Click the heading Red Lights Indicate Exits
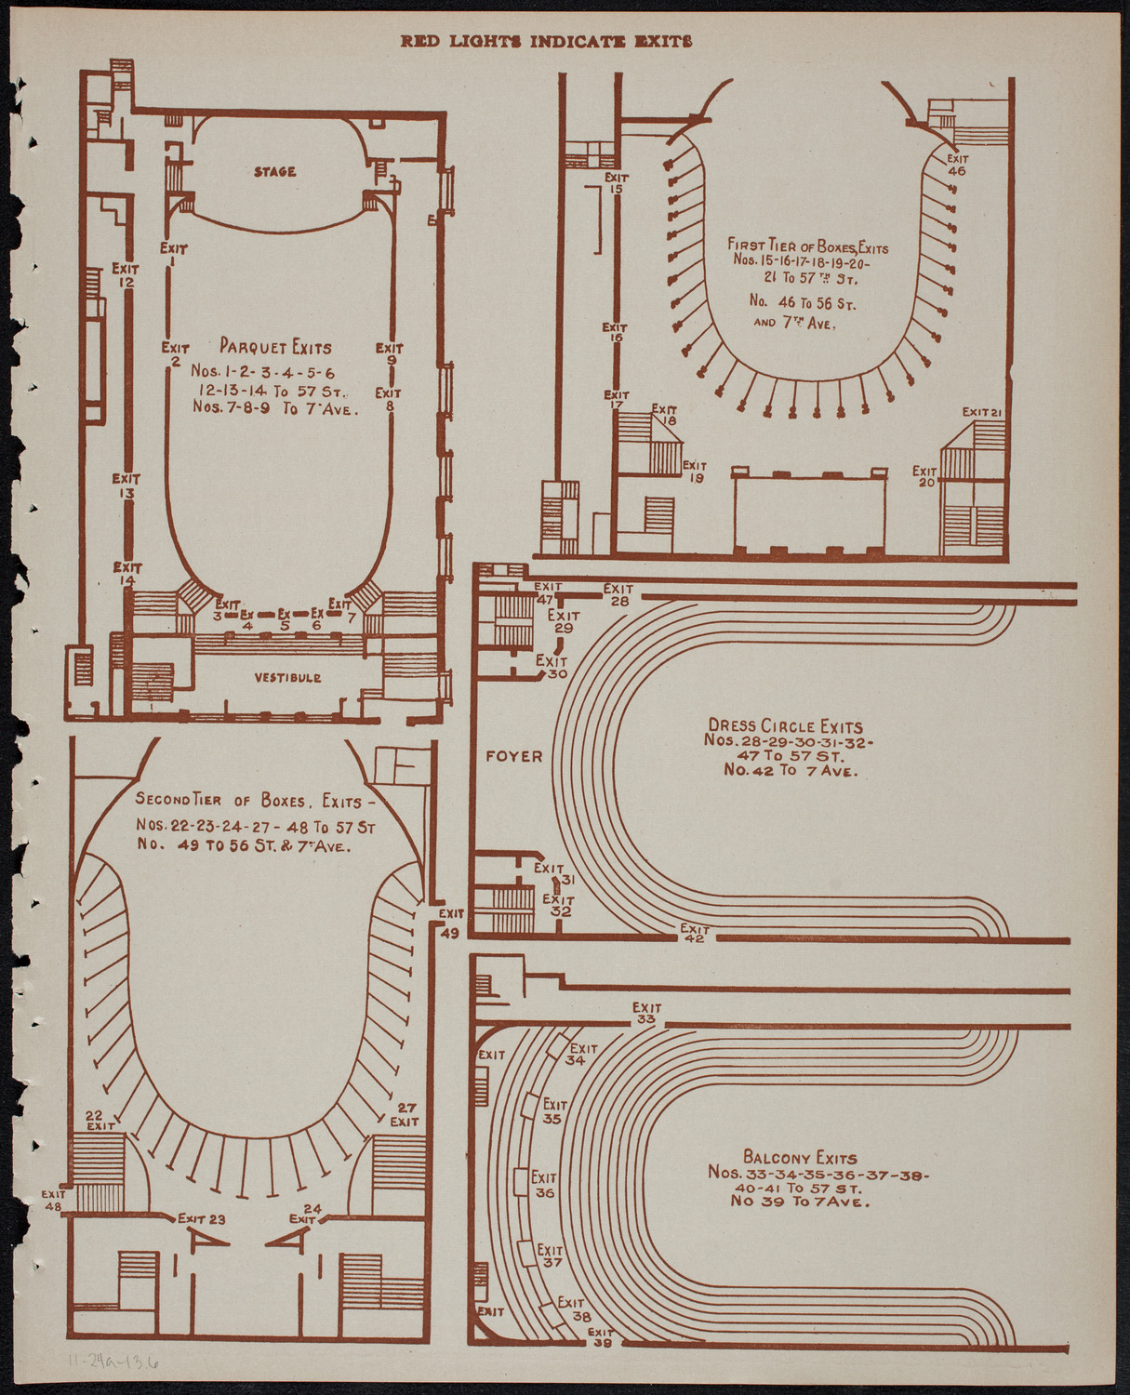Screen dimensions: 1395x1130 546,41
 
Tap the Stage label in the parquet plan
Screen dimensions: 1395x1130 275,172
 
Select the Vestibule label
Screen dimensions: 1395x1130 288,678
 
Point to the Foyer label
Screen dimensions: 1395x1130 513,757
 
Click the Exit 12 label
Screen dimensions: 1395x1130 126,275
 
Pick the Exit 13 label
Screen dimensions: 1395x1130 126,485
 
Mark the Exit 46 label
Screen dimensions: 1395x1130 957,165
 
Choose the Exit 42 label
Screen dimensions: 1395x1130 694,934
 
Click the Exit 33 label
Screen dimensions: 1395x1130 646,1014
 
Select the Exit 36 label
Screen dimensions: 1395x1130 544,1185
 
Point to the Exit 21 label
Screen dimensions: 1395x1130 981,412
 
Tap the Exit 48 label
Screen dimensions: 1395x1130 53,1200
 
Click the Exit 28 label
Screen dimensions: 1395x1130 618,594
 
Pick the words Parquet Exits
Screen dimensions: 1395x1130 275,348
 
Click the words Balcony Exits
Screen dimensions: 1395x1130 800,1158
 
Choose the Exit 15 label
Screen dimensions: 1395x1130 616,182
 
